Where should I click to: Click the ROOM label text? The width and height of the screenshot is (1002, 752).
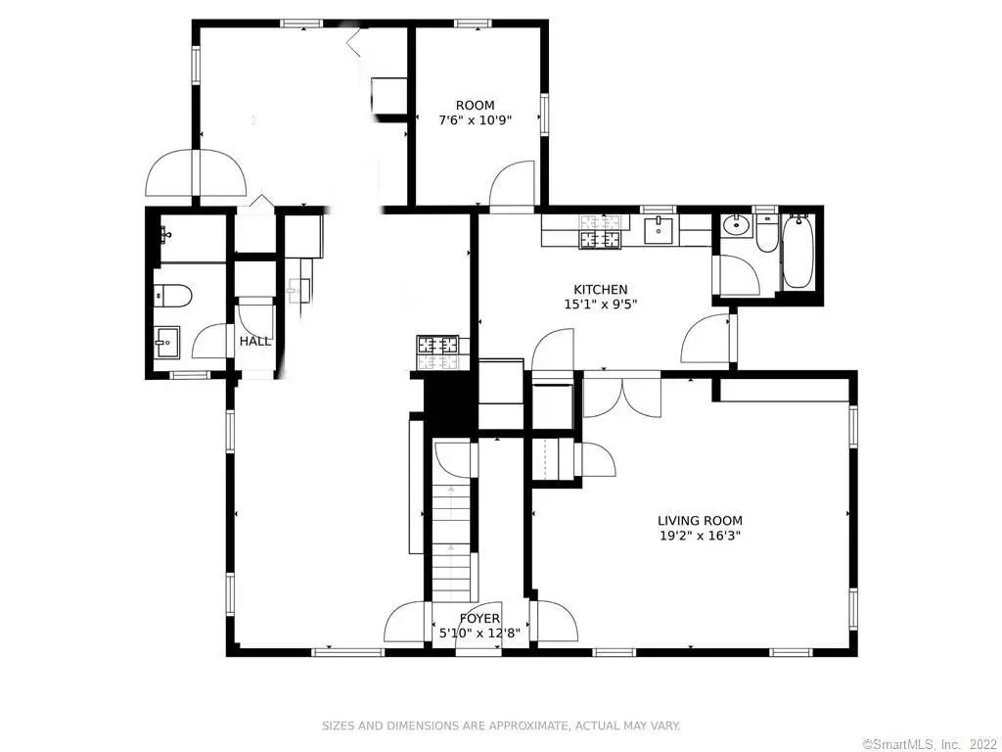pyautogui.click(x=475, y=106)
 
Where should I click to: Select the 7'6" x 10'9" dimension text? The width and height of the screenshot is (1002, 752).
pyautogui.click(x=475, y=120)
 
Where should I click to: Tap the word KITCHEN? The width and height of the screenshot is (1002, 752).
pyautogui.click(x=600, y=290)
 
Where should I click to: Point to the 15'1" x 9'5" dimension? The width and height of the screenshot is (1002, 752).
pyautogui.click(x=600, y=305)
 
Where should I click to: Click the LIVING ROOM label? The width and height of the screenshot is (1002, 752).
pyautogui.click(x=700, y=521)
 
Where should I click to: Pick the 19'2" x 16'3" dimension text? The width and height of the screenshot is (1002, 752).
pyautogui.click(x=700, y=536)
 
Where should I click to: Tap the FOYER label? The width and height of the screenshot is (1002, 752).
pyautogui.click(x=479, y=619)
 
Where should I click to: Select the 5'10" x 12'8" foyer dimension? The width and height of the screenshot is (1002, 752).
pyautogui.click(x=479, y=634)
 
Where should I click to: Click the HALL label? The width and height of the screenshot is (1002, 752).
pyautogui.click(x=255, y=342)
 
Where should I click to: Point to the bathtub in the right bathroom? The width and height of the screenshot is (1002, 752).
pyautogui.click(x=798, y=252)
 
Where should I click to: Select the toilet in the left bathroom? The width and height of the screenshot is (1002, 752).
pyautogui.click(x=171, y=292)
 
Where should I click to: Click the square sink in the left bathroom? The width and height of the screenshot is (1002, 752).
pyautogui.click(x=164, y=341)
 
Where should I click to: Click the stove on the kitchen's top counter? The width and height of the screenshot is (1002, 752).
pyautogui.click(x=600, y=232)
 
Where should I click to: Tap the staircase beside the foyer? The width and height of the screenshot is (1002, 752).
pyautogui.click(x=452, y=543)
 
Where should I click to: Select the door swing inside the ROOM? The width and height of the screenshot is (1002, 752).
pyautogui.click(x=514, y=186)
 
